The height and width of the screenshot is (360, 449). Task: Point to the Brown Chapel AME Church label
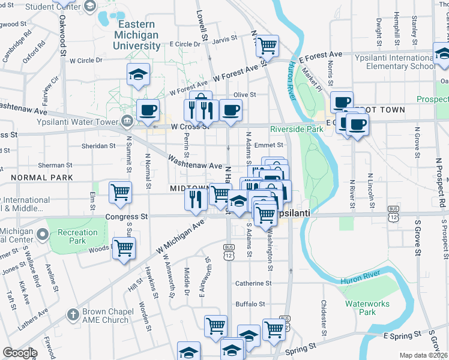pos(106,316)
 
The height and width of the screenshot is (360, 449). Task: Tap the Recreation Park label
pos(77,236)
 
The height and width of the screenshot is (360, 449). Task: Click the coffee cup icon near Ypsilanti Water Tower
pos(148,110)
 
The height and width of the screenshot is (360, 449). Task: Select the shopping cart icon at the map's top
pos(267,44)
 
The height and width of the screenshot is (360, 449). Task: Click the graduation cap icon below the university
pos(138,74)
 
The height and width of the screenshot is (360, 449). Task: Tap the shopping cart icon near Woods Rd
pos(124,248)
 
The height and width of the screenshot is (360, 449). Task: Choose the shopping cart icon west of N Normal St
pos(121,192)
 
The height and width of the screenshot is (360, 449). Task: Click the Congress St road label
pos(126,216)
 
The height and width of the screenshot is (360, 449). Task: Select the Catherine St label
pos(253,283)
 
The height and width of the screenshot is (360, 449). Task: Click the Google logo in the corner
pos(20,353)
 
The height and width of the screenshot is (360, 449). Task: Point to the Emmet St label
pos(268,145)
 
